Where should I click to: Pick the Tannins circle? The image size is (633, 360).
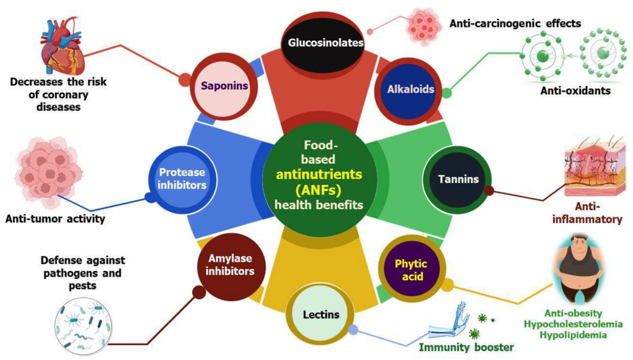459,180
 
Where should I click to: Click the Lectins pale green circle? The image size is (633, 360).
321,314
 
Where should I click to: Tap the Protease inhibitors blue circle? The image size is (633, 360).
181,179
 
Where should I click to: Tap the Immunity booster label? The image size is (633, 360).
467,347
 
